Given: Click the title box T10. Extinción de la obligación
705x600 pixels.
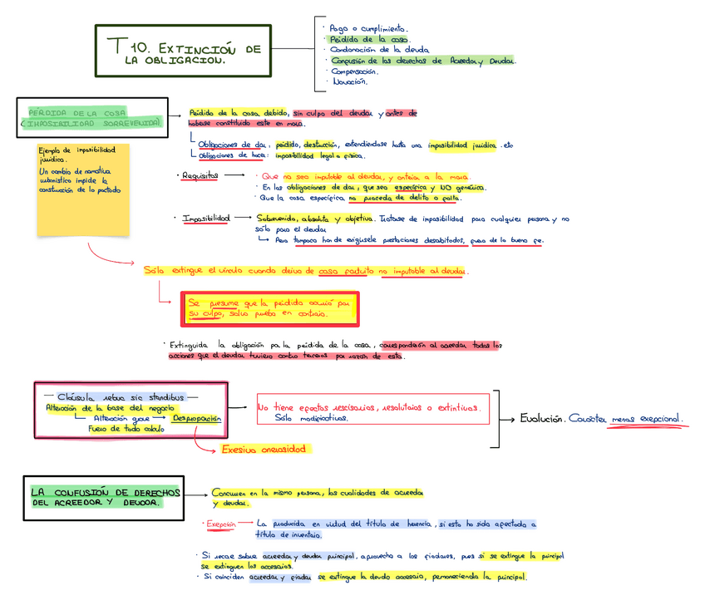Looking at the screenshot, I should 183,51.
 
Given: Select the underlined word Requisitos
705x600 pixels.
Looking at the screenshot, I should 200,176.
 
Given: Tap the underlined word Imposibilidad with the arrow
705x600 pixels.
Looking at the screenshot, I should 206,218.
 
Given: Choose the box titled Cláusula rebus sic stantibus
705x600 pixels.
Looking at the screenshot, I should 129,409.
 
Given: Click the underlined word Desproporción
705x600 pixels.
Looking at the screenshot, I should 197,419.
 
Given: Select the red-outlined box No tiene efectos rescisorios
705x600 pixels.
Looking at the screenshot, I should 372,412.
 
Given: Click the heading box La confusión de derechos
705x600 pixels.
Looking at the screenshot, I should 101,497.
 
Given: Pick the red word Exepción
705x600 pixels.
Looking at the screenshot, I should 222,524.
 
